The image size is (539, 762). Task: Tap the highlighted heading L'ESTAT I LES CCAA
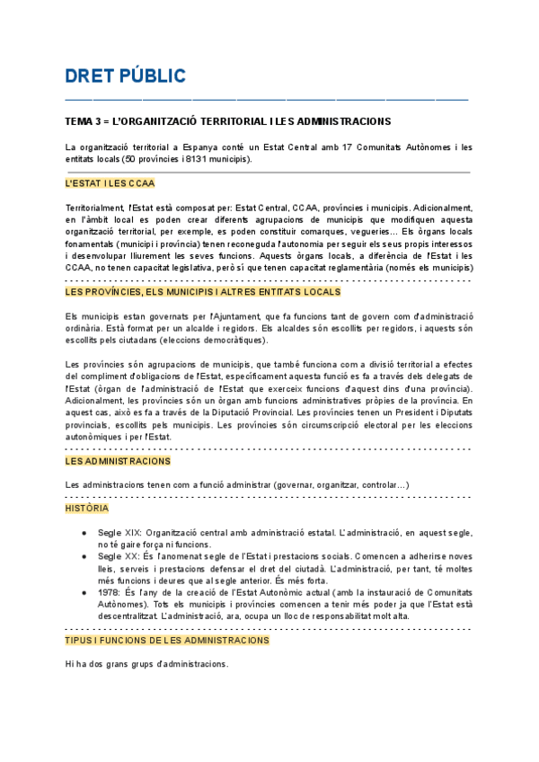pos(110,183)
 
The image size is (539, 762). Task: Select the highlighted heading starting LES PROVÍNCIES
pos(202,292)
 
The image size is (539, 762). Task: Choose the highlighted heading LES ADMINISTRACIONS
pos(118,461)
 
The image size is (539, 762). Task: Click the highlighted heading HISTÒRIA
pos(86,509)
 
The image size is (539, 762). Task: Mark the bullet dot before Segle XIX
pos(84,532)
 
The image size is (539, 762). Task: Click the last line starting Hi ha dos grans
pos(146,664)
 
